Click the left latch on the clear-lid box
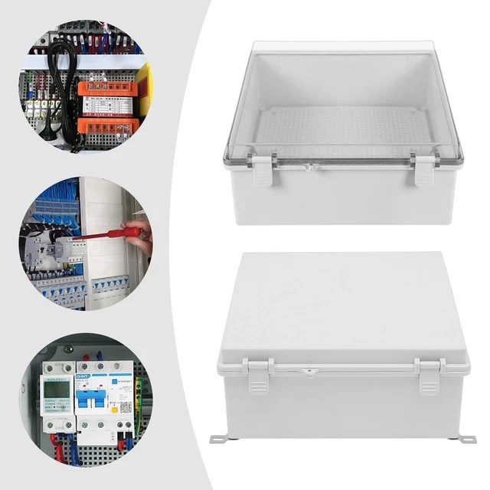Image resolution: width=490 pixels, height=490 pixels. (263, 169)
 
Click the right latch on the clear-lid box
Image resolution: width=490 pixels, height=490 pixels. (423, 169)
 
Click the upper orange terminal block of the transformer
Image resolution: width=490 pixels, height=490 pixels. (104, 89)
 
